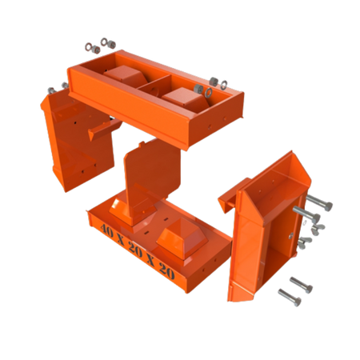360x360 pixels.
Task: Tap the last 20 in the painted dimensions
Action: pyautogui.click(x=167, y=270)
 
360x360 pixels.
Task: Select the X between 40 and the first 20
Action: pyautogui.click(x=122, y=239)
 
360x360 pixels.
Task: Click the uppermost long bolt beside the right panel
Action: pyautogui.click(x=319, y=202)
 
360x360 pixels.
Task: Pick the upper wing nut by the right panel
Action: pyautogui.click(x=318, y=229)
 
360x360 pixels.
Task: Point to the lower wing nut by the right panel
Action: pyautogui.click(x=305, y=242)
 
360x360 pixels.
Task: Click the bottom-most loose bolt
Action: pyautogui.click(x=290, y=298)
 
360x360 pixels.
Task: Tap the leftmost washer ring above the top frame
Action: pyautogui.click(x=89, y=47)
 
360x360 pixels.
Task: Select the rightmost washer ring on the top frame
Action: pyautogui.click(x=224, y=85)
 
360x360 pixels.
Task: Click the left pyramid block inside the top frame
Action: pyautogui.click(x=125, y=74)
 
